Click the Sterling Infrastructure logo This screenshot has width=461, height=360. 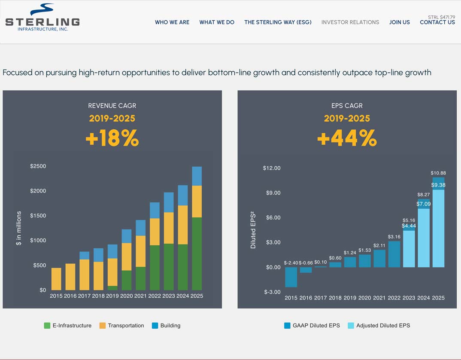pyautogui.click(x=42, y=18)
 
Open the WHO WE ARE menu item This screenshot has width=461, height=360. pyautogui.click(x=172, y=22)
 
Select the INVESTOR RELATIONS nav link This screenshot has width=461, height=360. pyautogui.click(x=350, y=22)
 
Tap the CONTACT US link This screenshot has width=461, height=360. pyautogui.click(x=437, y=22)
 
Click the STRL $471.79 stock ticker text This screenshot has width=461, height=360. pyautogui.click(x=441, y=17)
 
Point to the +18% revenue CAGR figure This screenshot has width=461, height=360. pyautogui.click(x=112, y=139)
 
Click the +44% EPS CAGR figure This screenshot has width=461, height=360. pyautogui.click(x=347, y=139)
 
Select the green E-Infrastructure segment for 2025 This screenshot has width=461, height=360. pyautogui.click(x=197, y=253)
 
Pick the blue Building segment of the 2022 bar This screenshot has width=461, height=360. pyautogui.click(x=155, y=211)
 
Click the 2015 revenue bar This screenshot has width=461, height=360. pyautogui.click(x=56, y=279)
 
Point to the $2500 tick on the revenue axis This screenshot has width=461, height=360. pyautogui.click(x=38, y=166)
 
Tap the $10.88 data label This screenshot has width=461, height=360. pyautogui.click(x=438, y=173)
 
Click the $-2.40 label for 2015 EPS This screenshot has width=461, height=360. pyautogui.click(x=291, y=262)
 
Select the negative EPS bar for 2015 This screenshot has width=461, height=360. pyautogui.click(x=291, y=277)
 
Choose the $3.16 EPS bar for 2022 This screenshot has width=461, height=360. pyautogui.click(x=394, y=254)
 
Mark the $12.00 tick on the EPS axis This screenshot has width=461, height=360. pyautogui.click(x=272, y=168)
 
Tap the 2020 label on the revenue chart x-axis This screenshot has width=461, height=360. pyautogui.click(x=126, y=296)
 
